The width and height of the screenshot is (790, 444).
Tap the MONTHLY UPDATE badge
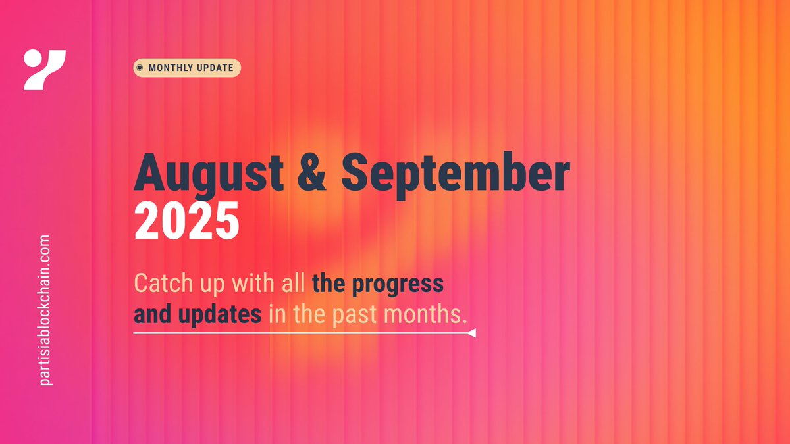pyautogui.click(x=187, y=68)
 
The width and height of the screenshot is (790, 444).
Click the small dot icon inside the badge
pyautogui.click(x=140, y=68)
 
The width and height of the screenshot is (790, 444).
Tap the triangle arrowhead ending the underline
pyautogui.click(x=471, y=334)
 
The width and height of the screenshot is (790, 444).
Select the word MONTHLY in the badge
pyautogui.click(x=171, y=68)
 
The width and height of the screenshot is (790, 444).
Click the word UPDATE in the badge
pyautogui.click(x=215, y=68)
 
